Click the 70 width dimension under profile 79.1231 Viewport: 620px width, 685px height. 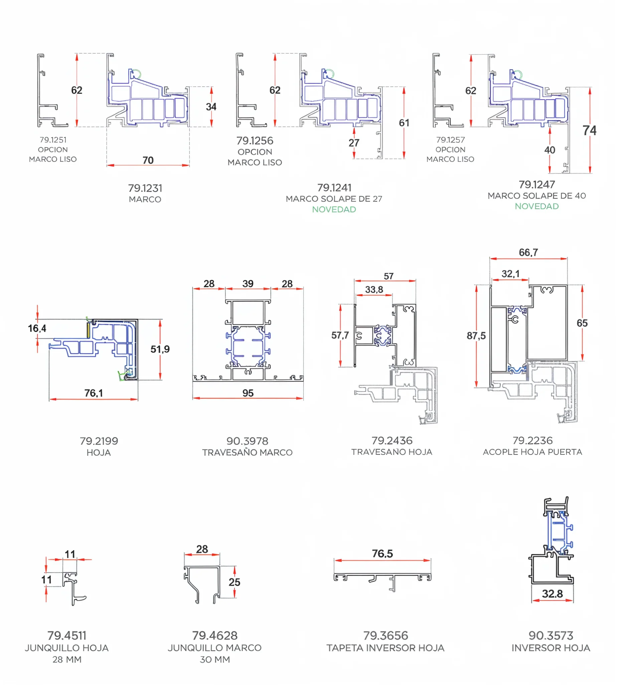coord(148,160)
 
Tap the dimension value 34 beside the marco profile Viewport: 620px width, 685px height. coord(211,107)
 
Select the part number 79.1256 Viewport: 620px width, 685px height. coord(255,140)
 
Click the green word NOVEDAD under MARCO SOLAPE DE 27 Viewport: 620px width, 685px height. coord(334,209)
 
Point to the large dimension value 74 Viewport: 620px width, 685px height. coord(590,130)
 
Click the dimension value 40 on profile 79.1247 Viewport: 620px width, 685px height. coord(550,150)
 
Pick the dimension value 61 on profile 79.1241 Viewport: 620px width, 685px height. coord(404,123)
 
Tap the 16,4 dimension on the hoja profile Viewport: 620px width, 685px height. coord(37,328)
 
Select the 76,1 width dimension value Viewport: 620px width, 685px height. coord(94,393)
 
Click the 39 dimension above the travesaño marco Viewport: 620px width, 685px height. coord(248,283)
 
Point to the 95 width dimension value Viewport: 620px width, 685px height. coord(248,393)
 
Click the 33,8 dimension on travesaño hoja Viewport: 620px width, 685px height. coord(374,290)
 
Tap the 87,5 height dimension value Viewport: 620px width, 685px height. coord(476,336)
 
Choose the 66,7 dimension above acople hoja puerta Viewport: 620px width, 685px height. coord(528,253)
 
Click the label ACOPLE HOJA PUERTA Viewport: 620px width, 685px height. coord(532,452)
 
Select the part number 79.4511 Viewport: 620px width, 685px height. coord(67,635)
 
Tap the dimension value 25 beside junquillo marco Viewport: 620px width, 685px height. coord(234,582)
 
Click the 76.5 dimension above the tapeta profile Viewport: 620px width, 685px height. coord(382,554)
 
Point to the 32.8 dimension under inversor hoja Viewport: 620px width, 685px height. coord(553,594)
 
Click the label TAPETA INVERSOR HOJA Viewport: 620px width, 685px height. coord(385,648)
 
